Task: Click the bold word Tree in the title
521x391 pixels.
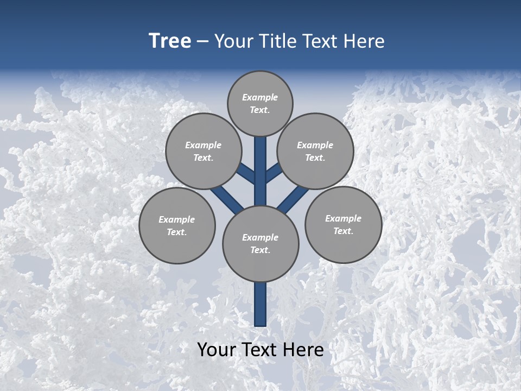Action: pyautogui.click(x=170, y=41)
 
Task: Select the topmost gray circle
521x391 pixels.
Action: pyautogui.click(x=260, y=103)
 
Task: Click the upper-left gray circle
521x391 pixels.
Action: pyautogui.click(x=204, y=151)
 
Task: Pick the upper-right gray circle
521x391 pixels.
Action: pyautogui.click(x=315, y=151)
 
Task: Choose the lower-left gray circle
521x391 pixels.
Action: pyautogui.click(x=177, y=225)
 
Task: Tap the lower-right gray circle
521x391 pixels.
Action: pyautogui.click(x=343, y=224)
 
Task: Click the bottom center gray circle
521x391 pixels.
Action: pyautogui.click(x=260, y=243)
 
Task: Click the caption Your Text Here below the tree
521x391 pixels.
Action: pyautogui.click(x=260, y=350)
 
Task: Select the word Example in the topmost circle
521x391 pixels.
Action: pyautogui.click(x=260, y=97)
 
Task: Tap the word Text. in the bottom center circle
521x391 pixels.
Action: pyautogui.click(x=260, y=250)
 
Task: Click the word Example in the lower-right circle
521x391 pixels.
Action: pyautogui.click(x=343, y=218)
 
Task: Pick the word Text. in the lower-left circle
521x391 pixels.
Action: pyautogui.click(x=177, y=232)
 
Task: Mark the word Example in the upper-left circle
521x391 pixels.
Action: pyautogui.click(x=204, y=145)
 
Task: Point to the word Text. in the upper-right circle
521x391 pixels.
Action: pyautogui.click(x=315, y=157)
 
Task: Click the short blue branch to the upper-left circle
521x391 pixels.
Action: pyautogui.click(x=246, y=173)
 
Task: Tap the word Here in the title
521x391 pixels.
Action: pyautogui.click(x=364, y=41)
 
